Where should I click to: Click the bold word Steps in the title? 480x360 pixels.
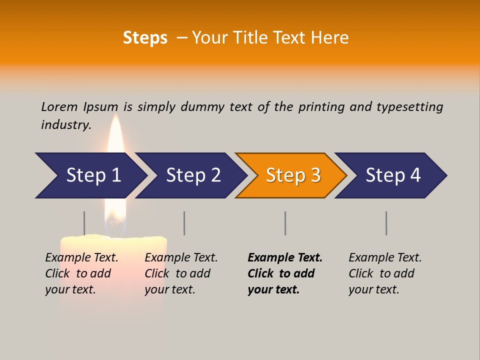pyautogui.click(x=145, y=38)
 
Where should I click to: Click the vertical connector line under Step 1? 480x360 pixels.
pyautogui.click(x=84, y=223)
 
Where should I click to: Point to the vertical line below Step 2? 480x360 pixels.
pyautogui.click(x=184, y=223)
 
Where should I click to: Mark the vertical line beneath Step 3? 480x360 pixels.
pyautogui.click(x=285, y=223)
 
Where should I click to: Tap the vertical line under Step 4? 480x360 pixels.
pyautogui.click(x=386, y=223)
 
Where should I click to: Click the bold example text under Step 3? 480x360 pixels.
pyautogui.click(x=284, y=273)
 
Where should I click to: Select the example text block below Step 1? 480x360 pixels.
pyautogui.click(x=81, y=273)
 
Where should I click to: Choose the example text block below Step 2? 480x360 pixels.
pyautogui.click(x=181, y=273)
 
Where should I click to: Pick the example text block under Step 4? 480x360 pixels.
pyautogui.click(x=385, y=273)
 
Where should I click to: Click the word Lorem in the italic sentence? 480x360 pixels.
pyautogui.click(x=59, y=107)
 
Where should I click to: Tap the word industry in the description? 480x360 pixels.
pyautogui.click(x=66, y=125)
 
